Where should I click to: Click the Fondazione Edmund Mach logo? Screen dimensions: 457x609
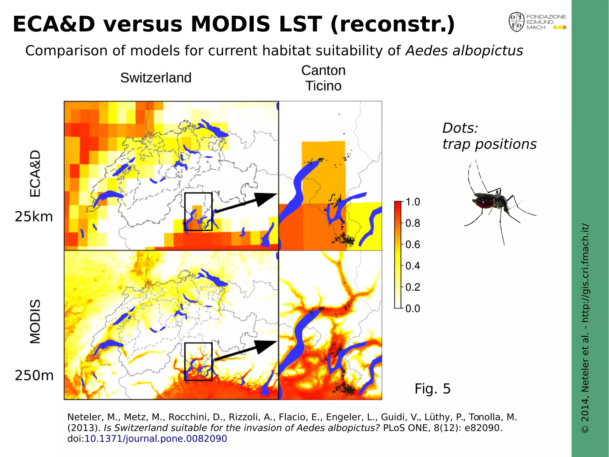pos(537,22)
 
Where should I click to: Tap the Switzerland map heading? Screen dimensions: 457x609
pos(156,78)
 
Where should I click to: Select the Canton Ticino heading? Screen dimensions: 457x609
pos(323,78)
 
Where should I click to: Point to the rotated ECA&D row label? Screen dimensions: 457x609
pos(35,173)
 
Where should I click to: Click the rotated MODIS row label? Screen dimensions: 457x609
pos(35,322)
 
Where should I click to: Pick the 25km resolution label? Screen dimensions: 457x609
pos(34,217)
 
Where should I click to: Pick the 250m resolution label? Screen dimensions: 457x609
pos(34,376)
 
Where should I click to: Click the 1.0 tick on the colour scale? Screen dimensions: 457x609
pos(413,202)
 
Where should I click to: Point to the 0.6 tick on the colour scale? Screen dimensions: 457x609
pos(413,244)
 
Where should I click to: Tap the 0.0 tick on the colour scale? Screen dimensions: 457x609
pos(413,308)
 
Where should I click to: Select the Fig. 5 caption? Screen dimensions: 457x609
pos(432,389)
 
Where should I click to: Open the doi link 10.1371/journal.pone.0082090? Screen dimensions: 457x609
pos(156,439)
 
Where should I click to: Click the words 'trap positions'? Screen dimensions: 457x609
pos(489,144)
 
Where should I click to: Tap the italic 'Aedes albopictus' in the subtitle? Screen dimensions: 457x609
pos(464,51)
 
